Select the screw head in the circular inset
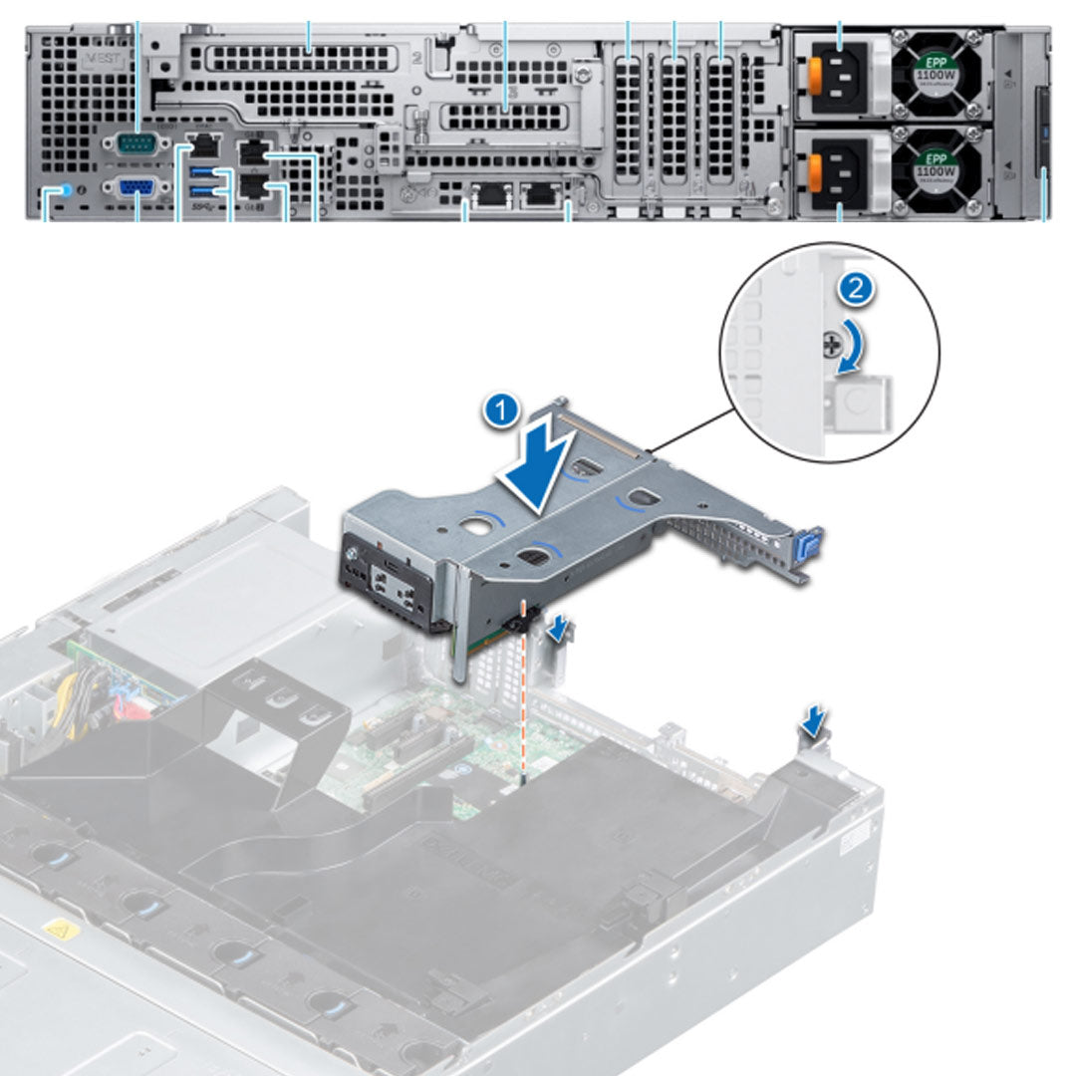click(830, 345)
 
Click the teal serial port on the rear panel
click(136, 143)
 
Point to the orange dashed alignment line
click(524, 697)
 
